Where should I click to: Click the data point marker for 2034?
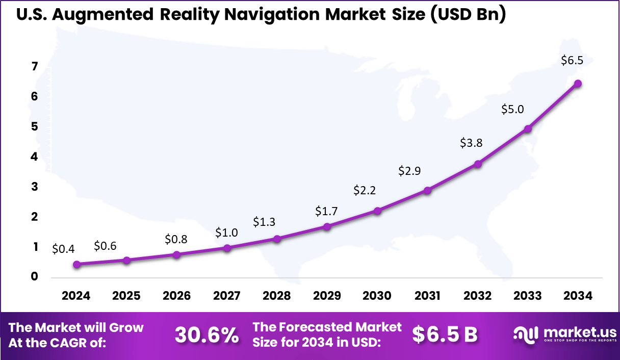[578, 84]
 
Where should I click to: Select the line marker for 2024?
[76, 264]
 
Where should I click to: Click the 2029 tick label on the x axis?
[327, 296]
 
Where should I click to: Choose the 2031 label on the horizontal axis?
[427, 296]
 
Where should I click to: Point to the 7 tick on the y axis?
[35, 66]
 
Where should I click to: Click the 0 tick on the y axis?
[35, 277]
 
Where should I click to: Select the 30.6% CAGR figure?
[206, 335]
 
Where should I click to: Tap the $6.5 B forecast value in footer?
[445, 335]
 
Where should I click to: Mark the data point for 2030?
[377, 211]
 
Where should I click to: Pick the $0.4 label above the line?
[63, 249]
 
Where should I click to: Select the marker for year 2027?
[227, 248]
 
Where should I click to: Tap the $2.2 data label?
[365, 191]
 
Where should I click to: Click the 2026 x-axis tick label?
[176, 296]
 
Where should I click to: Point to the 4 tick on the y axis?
[35, 157]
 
